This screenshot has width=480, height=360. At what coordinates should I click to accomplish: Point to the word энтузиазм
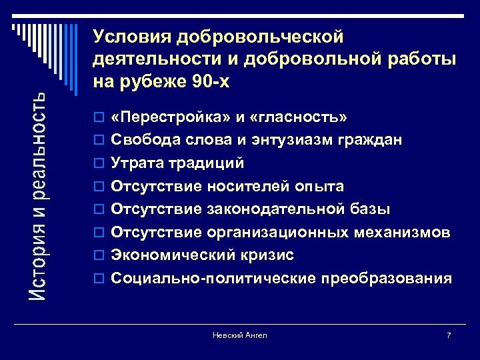point(298,141)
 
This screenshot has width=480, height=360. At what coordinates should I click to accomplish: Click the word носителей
point(241,187)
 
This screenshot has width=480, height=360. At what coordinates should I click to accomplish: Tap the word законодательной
point(277,209)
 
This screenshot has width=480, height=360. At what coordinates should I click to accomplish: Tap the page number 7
point(449,335)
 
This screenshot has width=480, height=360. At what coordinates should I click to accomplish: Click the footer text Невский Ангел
point(239,335)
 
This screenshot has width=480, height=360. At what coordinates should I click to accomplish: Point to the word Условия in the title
point(131,36)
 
